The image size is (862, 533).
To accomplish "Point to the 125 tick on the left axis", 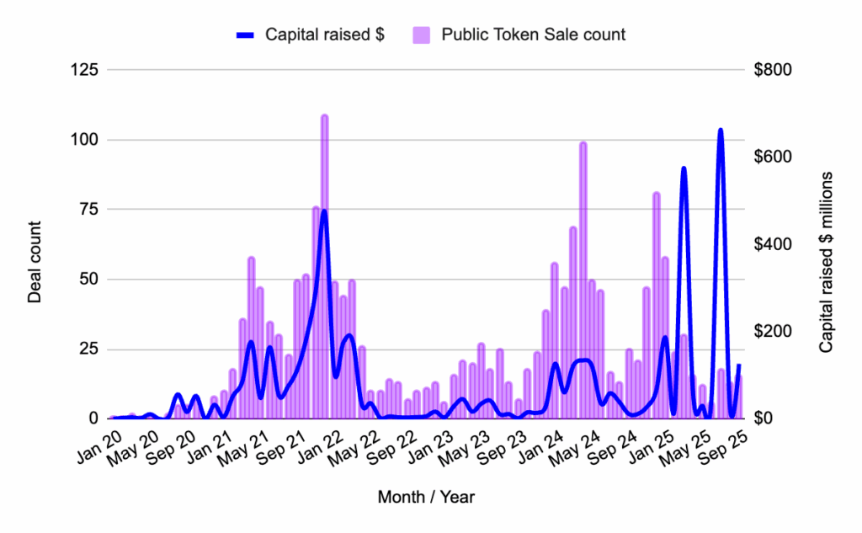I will click(86, 70).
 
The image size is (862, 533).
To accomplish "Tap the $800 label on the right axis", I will click(772, 70).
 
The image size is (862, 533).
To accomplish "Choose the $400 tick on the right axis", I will click(772, 244).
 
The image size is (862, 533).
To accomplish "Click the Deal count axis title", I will click(35, 262).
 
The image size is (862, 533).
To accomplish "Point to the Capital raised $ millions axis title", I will click(826, 262).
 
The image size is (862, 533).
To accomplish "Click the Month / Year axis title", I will click(426, 497).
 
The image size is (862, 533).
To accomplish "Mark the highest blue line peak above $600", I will click(721, 131).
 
